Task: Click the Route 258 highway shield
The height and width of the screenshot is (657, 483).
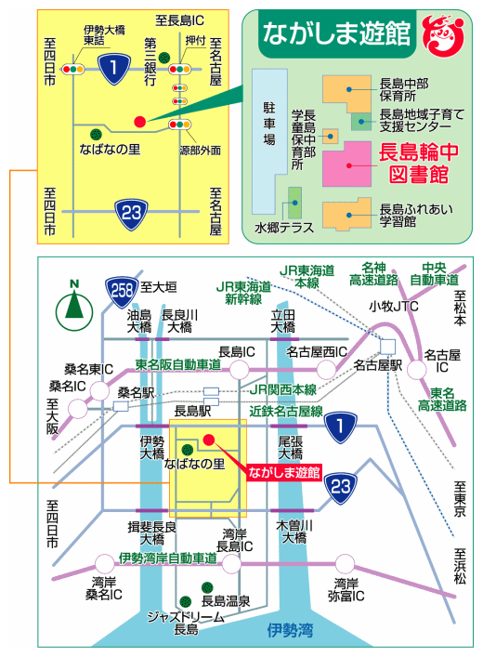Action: pos(122,291)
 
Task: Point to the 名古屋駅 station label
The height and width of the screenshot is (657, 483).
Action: pos(378,365)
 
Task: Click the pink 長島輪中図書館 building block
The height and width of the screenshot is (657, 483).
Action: pos(346,164)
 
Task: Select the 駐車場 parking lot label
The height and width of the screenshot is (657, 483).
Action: pos(269,124)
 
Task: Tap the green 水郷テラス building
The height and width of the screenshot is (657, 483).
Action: pos(294,203)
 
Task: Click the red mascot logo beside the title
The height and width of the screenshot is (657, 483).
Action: pos(444,36)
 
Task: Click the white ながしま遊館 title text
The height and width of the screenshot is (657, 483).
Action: pos(336,33)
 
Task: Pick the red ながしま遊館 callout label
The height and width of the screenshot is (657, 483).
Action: pos(284,472)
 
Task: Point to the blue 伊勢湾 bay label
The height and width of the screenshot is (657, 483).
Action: pos(290,629)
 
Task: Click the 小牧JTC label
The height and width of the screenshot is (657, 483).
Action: pos(393,307)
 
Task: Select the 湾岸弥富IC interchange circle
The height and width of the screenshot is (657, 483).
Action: pos(345,563)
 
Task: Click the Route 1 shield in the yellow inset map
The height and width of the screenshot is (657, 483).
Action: pos(114,68)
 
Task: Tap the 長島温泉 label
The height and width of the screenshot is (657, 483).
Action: pos(226,601)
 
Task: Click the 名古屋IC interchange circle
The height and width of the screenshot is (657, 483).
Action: pos(417,370)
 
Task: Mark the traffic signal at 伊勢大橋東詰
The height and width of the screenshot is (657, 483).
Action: pos(73,69)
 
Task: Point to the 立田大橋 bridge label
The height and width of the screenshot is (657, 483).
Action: pos(282,321)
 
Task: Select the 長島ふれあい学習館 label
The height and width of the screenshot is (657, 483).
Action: pos(416,215)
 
